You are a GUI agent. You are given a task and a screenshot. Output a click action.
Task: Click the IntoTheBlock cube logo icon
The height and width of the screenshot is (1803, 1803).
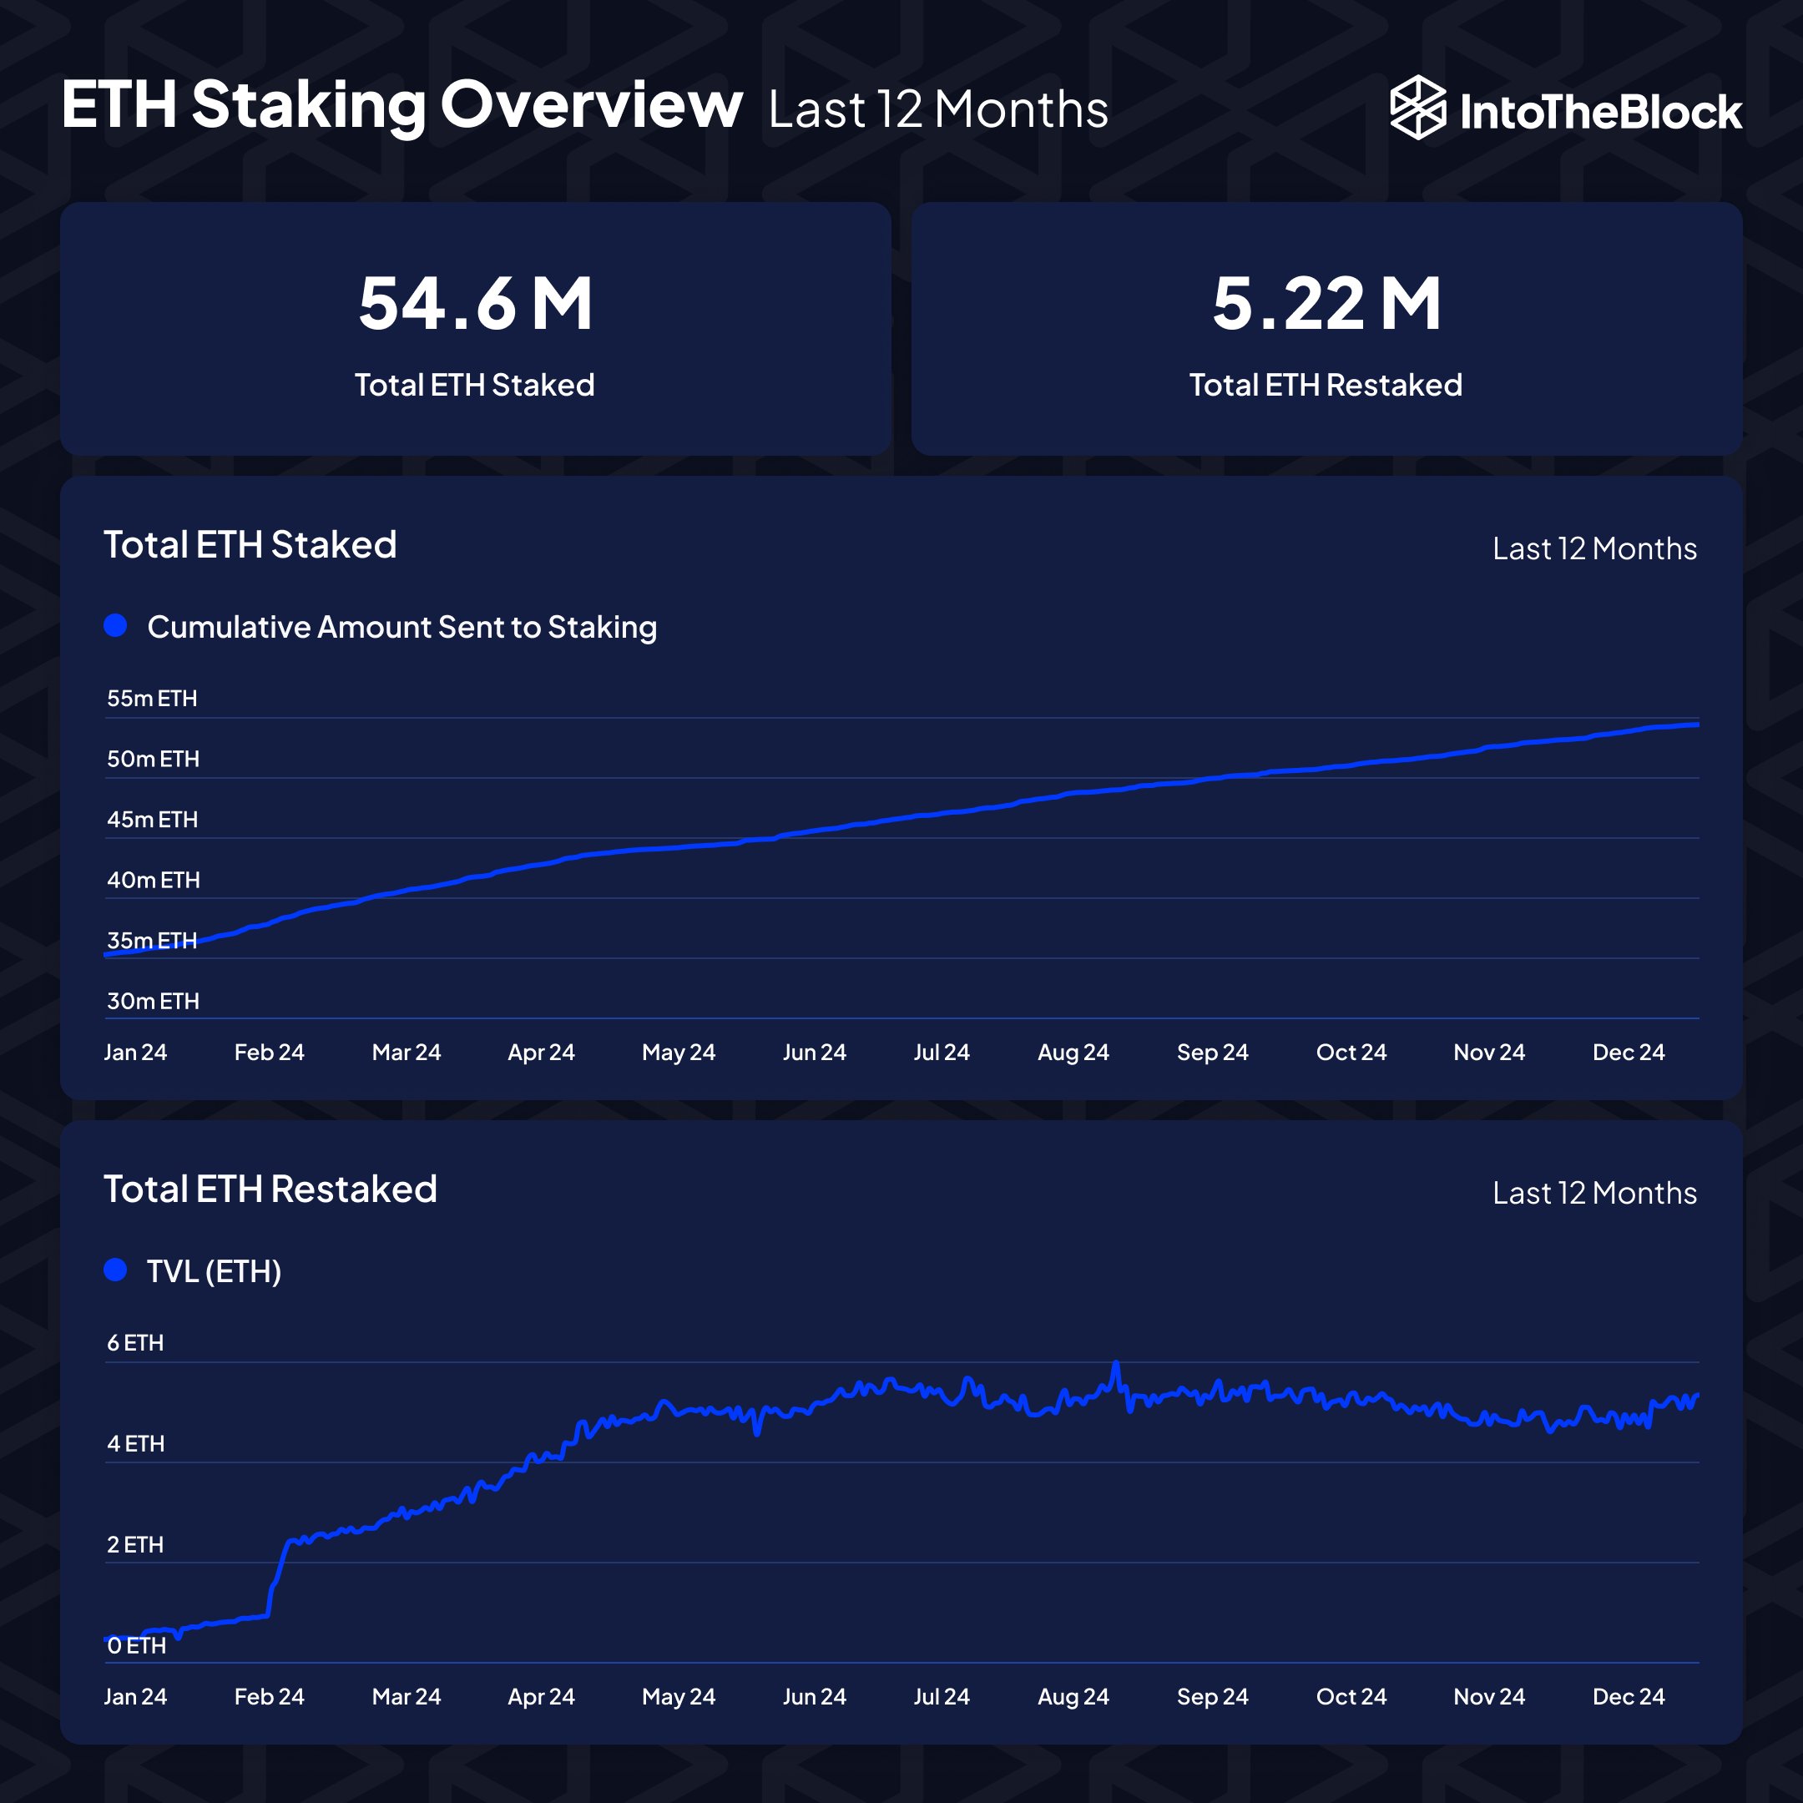coord(1417,108)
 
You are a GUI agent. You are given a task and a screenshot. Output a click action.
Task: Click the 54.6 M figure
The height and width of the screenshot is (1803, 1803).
coord(475,303)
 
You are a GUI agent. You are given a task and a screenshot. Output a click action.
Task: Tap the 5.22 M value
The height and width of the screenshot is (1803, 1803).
coord(1326,303)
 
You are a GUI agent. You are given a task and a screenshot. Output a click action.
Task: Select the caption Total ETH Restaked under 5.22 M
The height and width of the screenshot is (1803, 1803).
coord(1326,385)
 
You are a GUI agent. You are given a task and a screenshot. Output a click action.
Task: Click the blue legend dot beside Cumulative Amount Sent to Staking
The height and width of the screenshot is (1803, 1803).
coord(116,625)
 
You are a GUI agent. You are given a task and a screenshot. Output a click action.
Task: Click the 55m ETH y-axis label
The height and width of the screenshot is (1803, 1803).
coord(152,698)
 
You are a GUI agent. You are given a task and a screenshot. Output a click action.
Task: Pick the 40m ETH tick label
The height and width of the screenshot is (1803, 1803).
coord(153,880)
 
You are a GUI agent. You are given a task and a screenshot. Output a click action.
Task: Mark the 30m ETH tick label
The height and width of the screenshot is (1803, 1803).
coord(153,1001)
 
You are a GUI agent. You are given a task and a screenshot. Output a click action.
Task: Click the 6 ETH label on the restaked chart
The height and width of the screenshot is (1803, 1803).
coord(135,1343)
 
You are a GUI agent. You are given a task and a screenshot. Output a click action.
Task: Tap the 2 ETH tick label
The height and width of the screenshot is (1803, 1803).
coord(135,1544)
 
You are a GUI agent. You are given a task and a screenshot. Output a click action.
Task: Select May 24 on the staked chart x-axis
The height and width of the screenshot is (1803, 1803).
coord(679,1052)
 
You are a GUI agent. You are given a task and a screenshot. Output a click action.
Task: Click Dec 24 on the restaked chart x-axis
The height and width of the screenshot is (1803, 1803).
coord(1629,1697)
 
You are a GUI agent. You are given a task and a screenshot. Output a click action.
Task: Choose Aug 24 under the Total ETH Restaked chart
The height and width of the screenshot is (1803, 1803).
coord(1073,1697)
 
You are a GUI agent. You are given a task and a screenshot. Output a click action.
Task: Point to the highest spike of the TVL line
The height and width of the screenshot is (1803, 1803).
coord(1115,1365)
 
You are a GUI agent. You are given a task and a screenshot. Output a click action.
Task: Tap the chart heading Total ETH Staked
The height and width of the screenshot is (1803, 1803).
coord(250,544)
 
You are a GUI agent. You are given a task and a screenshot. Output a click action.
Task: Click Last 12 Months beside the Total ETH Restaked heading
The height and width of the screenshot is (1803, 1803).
coord(1594,1193)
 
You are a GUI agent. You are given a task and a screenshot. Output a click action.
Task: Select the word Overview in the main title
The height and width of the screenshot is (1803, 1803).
coord(592,104)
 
